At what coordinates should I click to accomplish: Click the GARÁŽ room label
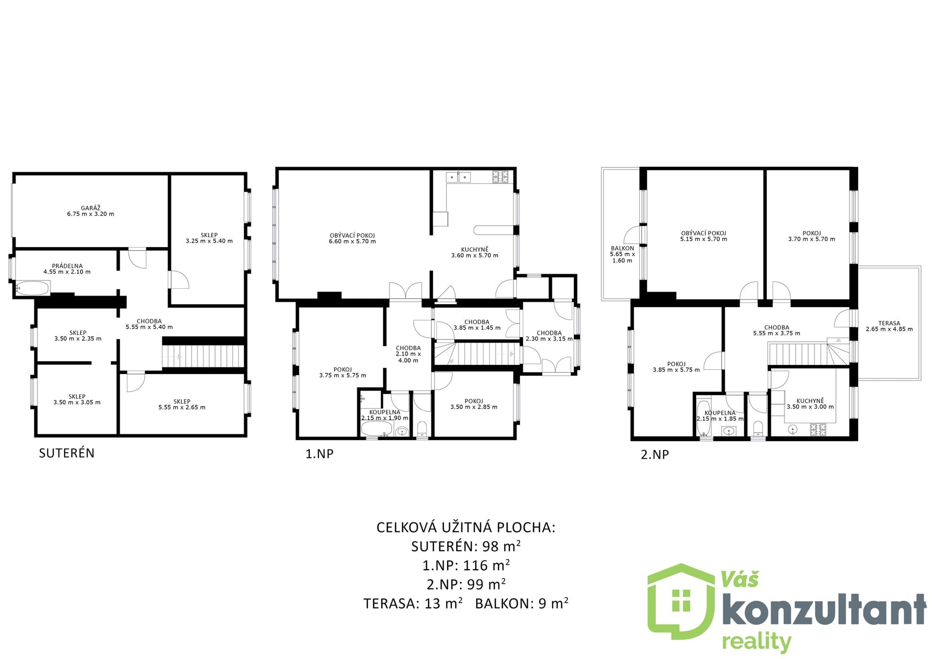click(90, 208)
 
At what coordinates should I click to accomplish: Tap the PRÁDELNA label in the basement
click(67, 266)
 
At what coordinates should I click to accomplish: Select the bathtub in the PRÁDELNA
click(33, 288)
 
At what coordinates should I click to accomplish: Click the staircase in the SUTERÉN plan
click(203, 356)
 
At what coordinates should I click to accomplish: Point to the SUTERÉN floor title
click(67, 453)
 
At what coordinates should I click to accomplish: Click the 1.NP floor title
click(319, 454)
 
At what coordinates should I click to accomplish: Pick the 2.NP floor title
click(655, 455)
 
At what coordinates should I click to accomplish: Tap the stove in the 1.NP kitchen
click(500, 177)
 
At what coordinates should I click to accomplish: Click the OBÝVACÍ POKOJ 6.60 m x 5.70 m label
click(352, 238)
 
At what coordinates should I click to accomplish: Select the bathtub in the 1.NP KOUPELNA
click(377, 429)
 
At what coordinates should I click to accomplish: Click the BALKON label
click(622, 248)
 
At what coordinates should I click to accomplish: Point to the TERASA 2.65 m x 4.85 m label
click(889, 326)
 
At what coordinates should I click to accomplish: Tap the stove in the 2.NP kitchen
click(818, 429)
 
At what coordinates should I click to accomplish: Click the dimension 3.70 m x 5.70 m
click(812, 239)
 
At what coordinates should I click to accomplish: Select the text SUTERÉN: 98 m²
click(466, 546)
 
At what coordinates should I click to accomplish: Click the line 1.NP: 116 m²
click(466, 565)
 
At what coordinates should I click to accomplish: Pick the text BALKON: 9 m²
click(522, 603)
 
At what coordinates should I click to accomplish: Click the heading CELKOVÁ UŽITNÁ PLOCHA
click(466, 527)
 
